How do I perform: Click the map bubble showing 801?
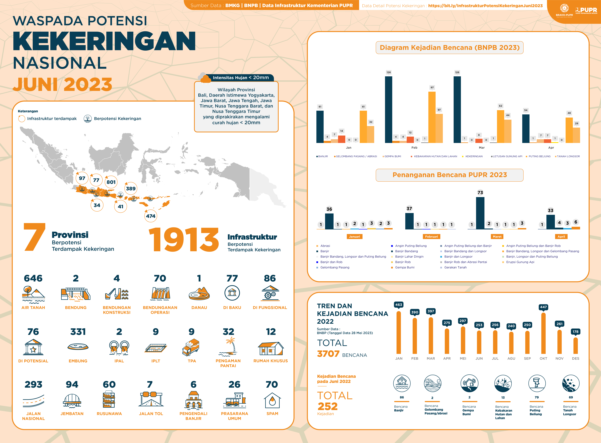point(111,182)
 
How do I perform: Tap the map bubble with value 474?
point(151,216)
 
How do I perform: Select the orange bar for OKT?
point(543,333)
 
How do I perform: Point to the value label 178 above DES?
point(575,332)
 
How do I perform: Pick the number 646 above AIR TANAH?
point(33,278)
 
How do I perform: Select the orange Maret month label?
point(497,237)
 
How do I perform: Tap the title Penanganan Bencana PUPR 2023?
point(450,175)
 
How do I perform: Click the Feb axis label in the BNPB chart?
point(414,147)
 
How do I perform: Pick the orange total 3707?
point(328,354)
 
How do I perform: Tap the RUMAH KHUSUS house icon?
point(270,348)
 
